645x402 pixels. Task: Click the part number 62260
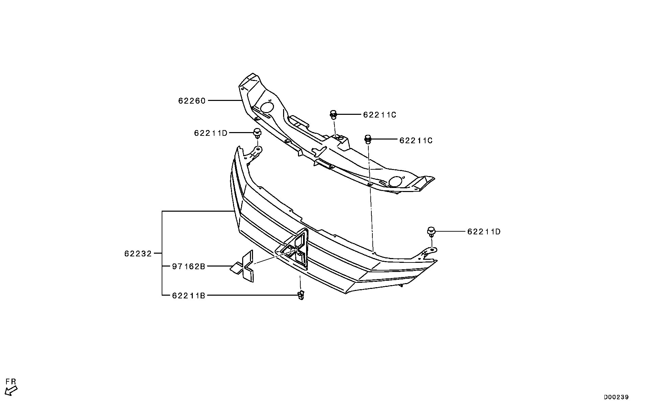(192, 101)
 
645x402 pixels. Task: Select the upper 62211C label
(379, 115)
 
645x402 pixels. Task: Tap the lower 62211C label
(416, 141)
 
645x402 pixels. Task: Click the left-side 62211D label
(211, 133)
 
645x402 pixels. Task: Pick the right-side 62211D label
(484, 232)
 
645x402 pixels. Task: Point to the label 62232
(138, 253)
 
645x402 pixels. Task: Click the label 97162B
(188, 266)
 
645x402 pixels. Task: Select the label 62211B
(188, 296)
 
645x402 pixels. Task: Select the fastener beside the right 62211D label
(431, 232)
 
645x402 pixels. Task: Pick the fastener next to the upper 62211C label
(333, 114)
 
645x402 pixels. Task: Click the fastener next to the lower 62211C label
(368, 139)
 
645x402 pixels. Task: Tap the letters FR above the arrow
(11, 382)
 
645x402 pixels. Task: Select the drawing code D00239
(616, 397)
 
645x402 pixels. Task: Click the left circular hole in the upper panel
(267, 107)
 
